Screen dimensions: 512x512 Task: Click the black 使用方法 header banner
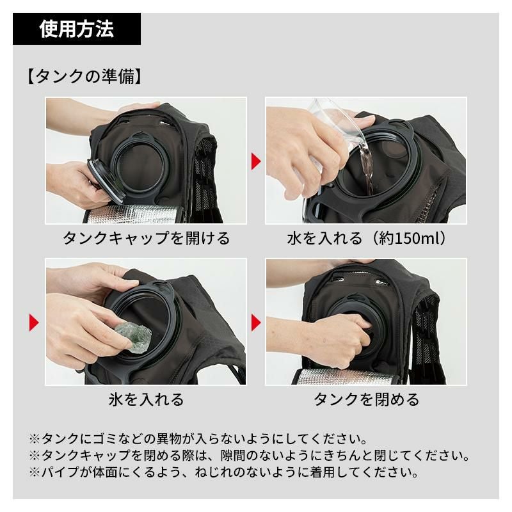(x=77, y=29)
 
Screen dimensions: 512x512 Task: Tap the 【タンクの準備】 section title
(x=84, y=77)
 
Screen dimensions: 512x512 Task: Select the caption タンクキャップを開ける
(x=146, y=238)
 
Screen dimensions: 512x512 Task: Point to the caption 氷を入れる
(x=146, y=399)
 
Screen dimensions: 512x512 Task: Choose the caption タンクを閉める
(x=366, y=399)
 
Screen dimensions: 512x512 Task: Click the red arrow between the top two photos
(x=256, y=161)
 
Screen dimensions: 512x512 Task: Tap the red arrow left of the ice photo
(x=35, y=323)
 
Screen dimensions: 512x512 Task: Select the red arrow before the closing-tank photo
(x=256, y=323)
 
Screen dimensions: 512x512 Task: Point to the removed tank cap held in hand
(x=106, y=181)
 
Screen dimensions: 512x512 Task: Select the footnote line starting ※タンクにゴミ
(x=198, y=438)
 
